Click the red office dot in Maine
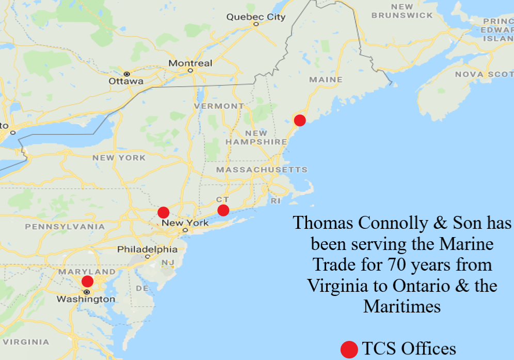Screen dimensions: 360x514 point(299,120)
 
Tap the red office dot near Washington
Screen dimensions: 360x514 point(88,281)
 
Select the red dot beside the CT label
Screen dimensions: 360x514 point(223,210)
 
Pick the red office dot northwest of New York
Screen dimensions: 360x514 point(163,212)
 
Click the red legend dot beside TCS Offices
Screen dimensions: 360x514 point(349,349)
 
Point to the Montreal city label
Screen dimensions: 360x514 point(190,63)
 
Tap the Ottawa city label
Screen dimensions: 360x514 point(126,81)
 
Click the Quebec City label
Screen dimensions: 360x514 point(255,17)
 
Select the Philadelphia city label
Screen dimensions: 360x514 point(147,249)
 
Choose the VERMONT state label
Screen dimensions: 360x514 point(219,106)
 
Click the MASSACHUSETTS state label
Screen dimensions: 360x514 point(262,169)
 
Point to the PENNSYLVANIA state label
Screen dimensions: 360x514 point(65,226)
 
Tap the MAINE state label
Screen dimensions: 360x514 point(326,80)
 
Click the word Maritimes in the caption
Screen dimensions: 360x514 point(402,306)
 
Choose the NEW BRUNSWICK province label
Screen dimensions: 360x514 point(402,11)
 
